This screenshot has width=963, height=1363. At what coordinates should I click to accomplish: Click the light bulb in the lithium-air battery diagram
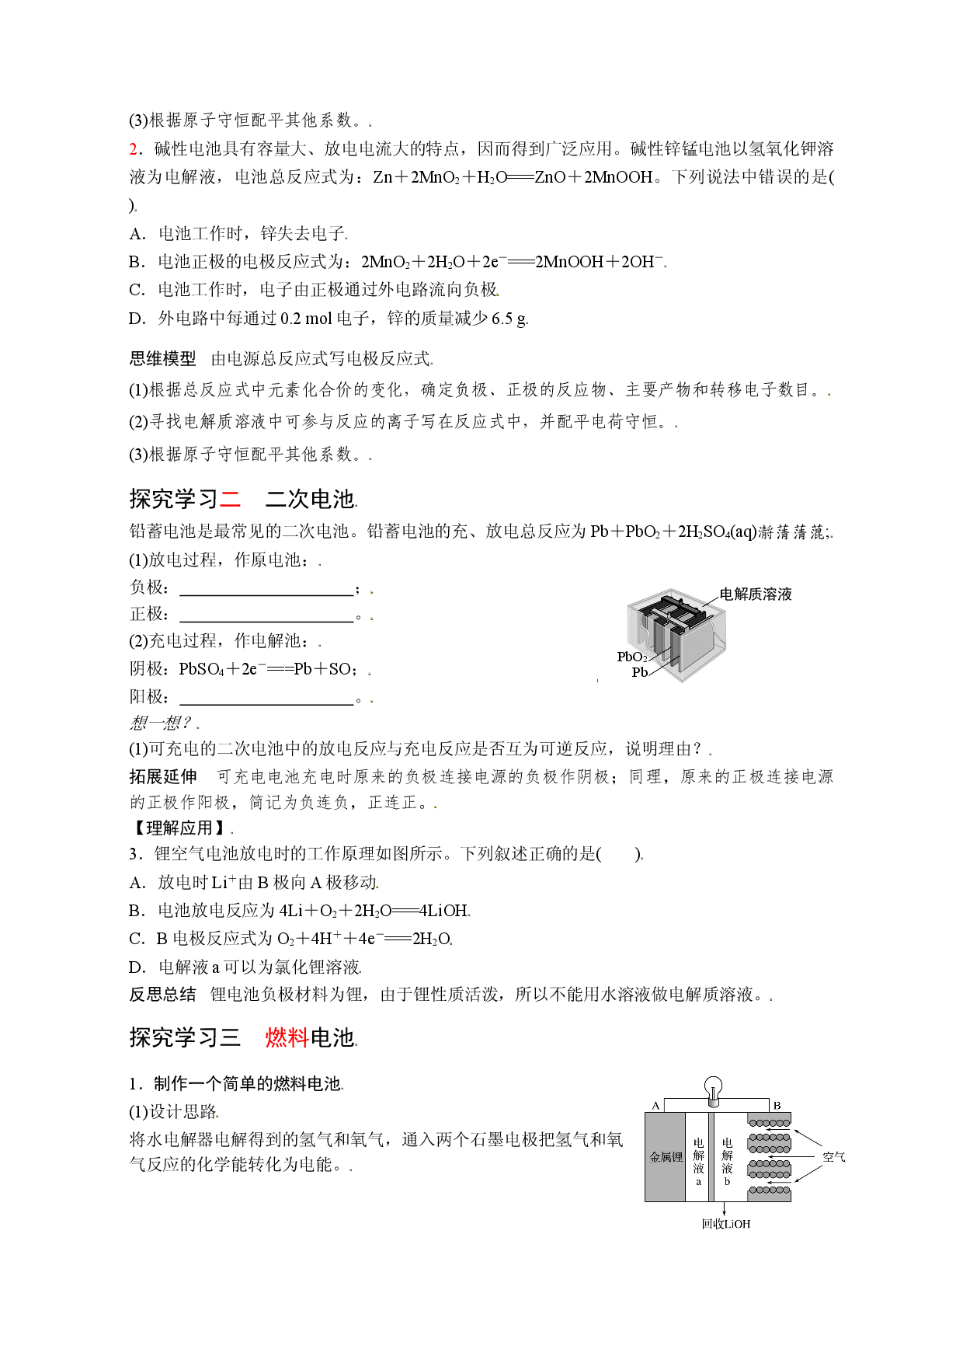tap(713, 1089)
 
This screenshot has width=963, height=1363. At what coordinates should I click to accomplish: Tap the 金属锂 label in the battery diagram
tap(666, 1157)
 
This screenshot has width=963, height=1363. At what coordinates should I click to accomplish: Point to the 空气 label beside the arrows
tap(834, 1157)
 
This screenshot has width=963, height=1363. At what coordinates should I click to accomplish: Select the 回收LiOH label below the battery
tap(726, 1224)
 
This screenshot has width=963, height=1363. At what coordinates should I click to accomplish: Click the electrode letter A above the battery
tap(656, 1105)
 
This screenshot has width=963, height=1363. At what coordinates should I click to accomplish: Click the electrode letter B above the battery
tap(777, 1105)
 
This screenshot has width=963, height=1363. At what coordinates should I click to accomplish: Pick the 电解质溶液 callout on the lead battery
tap(756, 594)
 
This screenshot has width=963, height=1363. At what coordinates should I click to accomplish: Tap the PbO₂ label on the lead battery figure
tap(632, 657)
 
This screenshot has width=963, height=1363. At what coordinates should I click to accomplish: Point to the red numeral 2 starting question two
tap(134, 149)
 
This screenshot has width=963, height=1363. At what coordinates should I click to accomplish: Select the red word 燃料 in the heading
tap(287, 1037)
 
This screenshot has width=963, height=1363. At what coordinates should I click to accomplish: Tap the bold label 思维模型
tap(162, 359)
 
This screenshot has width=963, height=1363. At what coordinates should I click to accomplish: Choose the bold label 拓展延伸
tap(162, 777)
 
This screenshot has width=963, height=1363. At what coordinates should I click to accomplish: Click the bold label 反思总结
tap(162, 995)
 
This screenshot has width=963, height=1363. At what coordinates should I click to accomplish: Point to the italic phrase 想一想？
tap(160, 723)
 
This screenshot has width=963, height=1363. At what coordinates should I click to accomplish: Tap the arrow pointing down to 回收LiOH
tap(725, 1208)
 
